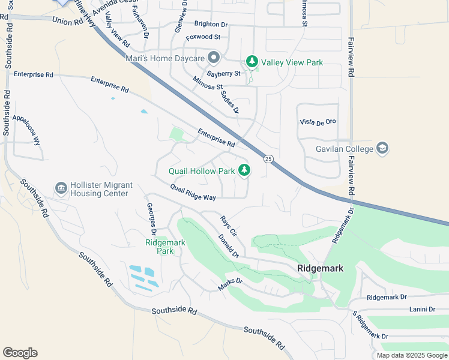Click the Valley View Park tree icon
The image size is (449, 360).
click(x=252, y=62)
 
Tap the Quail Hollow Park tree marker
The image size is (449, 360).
click(x=244, y=171)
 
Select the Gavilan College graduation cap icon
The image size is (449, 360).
click(x=382, y=148)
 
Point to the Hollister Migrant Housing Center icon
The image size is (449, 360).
click(x=61, y=188)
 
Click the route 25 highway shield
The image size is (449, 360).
click(x=268, y=158)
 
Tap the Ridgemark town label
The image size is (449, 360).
click(x=321, y=268)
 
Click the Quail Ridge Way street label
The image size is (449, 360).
click(x=193, y=193)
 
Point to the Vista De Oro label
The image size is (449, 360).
click(x=318, y=122)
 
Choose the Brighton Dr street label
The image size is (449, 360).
click(x=211, y=25)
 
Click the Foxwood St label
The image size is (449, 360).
click(x=203, y=37)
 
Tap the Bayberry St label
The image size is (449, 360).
click(x=223, y=73)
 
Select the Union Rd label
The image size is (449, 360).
click(x=67, y=21)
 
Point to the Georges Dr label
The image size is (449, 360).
click(x=152, y=219)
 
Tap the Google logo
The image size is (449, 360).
click(x=20, y=353)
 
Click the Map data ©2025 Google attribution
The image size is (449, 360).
click(x=411, y=355)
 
